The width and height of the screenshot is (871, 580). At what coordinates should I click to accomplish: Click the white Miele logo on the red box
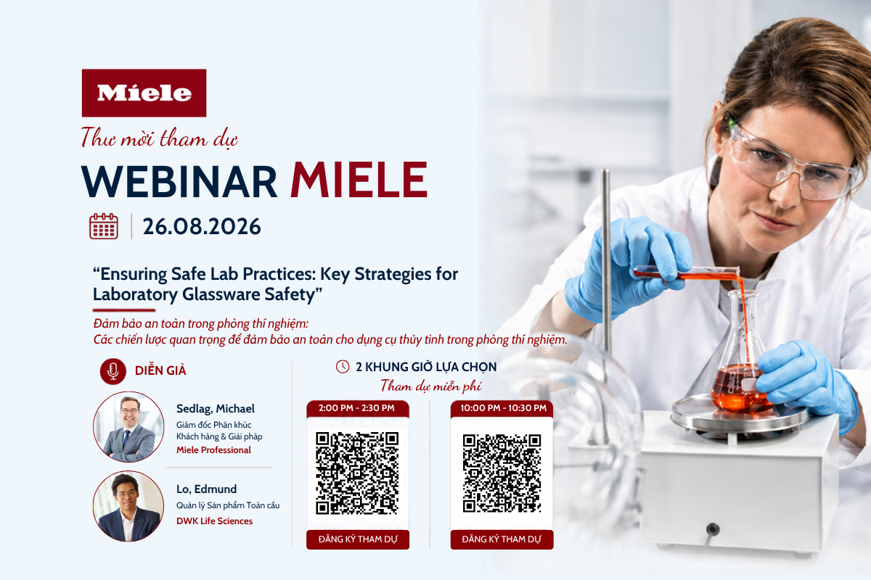[x=144, y=94]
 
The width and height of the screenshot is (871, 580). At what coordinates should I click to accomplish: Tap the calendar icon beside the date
[x=103, y=226]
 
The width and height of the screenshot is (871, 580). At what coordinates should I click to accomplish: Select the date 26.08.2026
[x=202, y=226]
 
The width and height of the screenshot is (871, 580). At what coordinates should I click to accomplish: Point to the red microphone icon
[x=113, y=371]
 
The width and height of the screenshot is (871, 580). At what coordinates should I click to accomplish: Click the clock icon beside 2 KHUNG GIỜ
[x=343, y=366]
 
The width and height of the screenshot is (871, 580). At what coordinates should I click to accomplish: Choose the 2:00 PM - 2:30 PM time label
[x=356, y=408]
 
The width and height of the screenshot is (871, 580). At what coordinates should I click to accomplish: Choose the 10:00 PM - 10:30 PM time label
[x=503, y=408]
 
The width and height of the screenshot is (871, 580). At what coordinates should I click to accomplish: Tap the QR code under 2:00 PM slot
[x=357, y=473]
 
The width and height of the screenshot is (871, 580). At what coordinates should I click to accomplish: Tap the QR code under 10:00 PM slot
[x=502, y=473]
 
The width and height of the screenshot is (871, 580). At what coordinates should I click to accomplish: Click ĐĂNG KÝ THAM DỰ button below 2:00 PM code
[x=358, y=539]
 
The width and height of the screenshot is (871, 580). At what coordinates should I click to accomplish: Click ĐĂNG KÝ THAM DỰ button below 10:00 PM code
[x=502, y=539]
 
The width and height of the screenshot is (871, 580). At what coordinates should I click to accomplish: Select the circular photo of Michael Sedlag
[x=128, y=426]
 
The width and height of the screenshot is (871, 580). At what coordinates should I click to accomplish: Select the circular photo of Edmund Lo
[x=128, y=506]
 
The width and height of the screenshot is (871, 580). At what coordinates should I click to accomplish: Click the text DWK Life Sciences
[x=214, y=521]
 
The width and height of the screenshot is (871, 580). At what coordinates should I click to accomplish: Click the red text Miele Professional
[x=213, y=449]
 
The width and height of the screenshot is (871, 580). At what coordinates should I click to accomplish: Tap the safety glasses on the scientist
[x=790, y=163]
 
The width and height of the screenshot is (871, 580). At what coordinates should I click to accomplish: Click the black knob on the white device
[x=712, y=529]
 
